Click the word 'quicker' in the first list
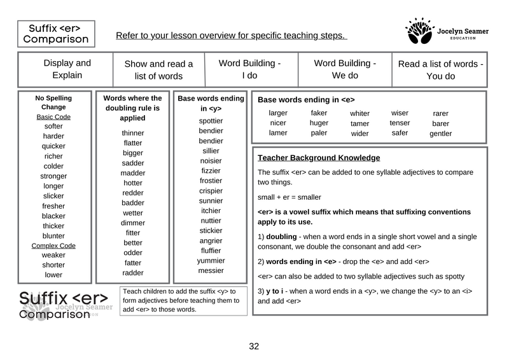(x=53, y=146)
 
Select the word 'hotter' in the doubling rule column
(x=133, y=183)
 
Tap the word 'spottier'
(x=211, y=121)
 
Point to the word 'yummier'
(x=211, y=261)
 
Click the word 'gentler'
(x=440, y=134)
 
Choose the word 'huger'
(x=319, y=123)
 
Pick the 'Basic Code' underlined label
(x=53, y=117)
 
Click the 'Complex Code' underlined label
(x=53, y=246)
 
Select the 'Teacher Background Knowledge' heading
(x=319, y=158)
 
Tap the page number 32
(x=254, y=347)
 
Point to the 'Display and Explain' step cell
(x=67, y=69)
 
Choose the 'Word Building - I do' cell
(x=249, y=69)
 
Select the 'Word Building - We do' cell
(x=345, y=69)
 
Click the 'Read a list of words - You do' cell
(x=440, y=70)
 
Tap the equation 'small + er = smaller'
(x=289, y=197)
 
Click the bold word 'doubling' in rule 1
(x=281, y=237)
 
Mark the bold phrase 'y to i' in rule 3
(x=277, y=291)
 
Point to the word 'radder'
(x=133, y=273)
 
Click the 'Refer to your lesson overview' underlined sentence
(x=231, y=36)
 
